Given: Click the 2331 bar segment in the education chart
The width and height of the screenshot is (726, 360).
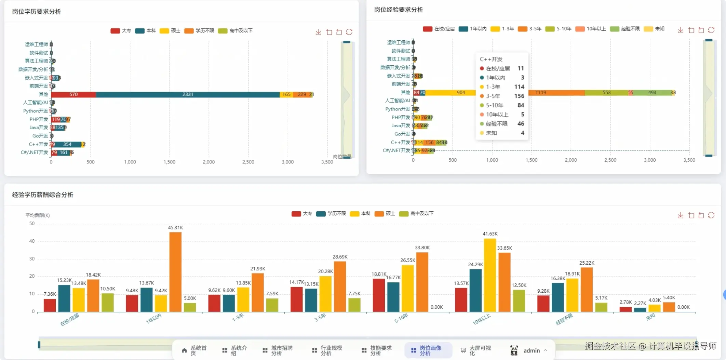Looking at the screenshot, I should (188, 94).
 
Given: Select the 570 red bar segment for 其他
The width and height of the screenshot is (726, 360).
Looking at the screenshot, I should (73, 94).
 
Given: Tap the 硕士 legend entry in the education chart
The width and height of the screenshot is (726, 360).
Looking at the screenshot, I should (170, 31).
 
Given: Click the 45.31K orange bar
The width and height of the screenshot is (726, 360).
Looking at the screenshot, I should (175, 272).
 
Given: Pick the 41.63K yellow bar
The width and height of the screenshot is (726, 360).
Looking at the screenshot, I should (490, 275).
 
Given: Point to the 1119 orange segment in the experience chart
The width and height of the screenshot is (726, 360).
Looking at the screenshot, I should (556, 93).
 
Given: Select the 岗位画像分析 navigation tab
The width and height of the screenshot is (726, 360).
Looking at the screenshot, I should (428, 350).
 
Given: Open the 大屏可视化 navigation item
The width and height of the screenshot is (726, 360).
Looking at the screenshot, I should (476, 350).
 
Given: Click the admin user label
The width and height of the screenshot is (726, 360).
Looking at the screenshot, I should (532, 351).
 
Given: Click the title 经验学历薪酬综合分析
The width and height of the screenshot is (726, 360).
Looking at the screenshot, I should (43, 195).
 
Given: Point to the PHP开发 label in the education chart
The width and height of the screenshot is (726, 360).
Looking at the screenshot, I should (39, 119).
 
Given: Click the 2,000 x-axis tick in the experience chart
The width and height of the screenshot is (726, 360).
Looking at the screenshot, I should (571, 160).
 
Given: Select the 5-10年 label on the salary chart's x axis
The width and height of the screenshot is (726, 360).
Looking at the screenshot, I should (401, 319).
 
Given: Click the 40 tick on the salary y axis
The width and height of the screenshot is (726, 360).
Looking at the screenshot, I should (32, 241).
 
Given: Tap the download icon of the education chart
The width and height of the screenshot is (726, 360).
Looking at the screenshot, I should (318, 32).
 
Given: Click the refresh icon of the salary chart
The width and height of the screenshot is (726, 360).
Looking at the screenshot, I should (711, 215).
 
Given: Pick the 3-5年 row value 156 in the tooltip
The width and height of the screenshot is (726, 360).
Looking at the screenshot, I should (519, 96).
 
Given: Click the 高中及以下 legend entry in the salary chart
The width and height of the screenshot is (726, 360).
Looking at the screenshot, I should (417, 214).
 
